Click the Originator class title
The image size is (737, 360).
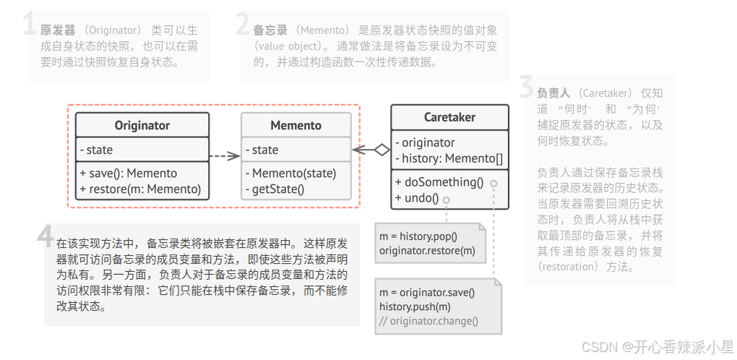(x=142, y=125)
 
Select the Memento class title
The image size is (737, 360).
(x=296, y=125)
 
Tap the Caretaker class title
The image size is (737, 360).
(x=449, y=117)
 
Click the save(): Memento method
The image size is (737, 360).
(x=128, y=173)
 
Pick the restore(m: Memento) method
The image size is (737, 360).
(x=140, y=189)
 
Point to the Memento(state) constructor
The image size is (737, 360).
(x=290, y=173)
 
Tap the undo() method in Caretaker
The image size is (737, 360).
(x=417, y=198)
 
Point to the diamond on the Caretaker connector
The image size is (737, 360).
(x=382, y=150)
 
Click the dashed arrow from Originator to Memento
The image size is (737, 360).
(x=225, y=155)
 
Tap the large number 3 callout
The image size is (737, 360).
(x=527, y=87)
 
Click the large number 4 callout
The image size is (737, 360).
(x=45, y=236)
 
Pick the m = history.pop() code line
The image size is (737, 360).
(x=418, y=236)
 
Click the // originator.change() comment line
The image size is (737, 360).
(x=428, y=321)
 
